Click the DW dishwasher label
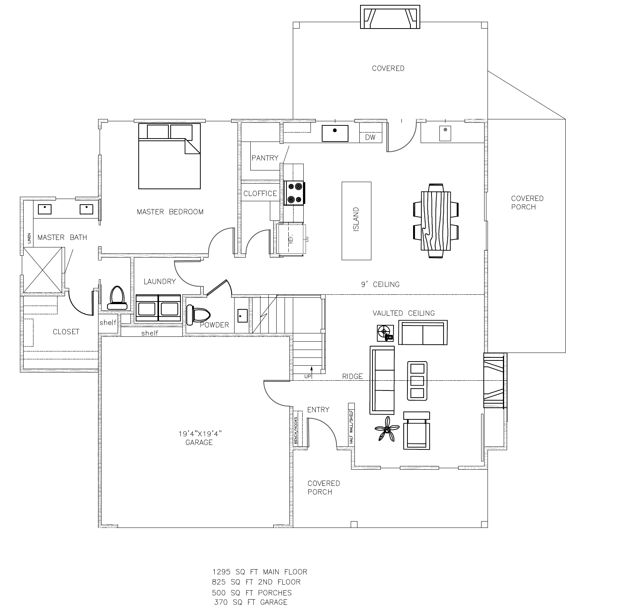pyautogui.click(x=370, y=137)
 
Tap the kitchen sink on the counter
pyautogui.click(x=335, y=133)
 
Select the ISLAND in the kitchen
pyautogui.click(x=356, y=221)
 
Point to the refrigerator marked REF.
pyautogui.click(x=290, y=240)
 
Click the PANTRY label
pyautogui.click(x=265, y=158)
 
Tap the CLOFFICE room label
pyautogui.click(x=260, y=194)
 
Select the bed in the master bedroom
pyautogui.click(x=169, y=156)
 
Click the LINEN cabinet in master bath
pyautogui.click(x=29, y=238)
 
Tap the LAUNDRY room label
pyautogui.click(x=160, y=281)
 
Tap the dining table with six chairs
pyautogui.click(x=436, y=220)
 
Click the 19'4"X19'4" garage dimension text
pyautogui.click(x=200, y=434)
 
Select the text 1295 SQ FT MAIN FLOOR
pyautogui.click(x=260, y=572)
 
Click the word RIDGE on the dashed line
pyautogui.click(x=353, y=376)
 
